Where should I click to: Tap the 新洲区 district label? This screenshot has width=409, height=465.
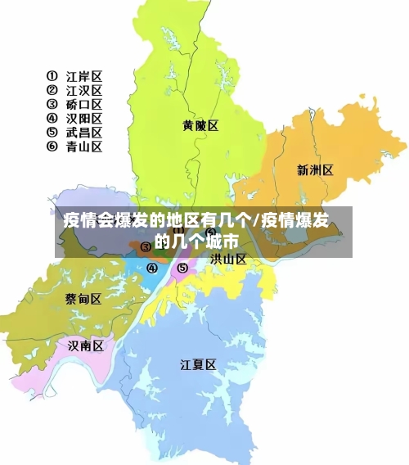(x=315, y=170)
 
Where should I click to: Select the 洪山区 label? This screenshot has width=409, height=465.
(x=228, y=259)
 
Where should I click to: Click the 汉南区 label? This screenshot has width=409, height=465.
(x=86, y=346)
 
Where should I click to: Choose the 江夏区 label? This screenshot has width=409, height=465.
(x=198, y=365)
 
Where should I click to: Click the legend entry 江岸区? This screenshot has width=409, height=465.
(x=84, y=77)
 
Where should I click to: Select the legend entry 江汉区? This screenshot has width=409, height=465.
(x=84, y=91)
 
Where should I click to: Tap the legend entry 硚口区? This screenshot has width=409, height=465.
(x=84, y=105)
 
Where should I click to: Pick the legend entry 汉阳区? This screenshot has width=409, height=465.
(x=84, y=119)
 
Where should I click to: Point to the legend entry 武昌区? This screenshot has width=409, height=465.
(x=84, y=133)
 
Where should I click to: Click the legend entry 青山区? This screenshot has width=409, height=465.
(x=84, y=147)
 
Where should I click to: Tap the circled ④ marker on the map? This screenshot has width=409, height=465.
(x=151, y=268)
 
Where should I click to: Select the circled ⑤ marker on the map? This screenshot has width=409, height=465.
(x=182, y=267)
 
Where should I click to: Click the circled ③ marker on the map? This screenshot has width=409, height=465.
(x=146, y=246)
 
